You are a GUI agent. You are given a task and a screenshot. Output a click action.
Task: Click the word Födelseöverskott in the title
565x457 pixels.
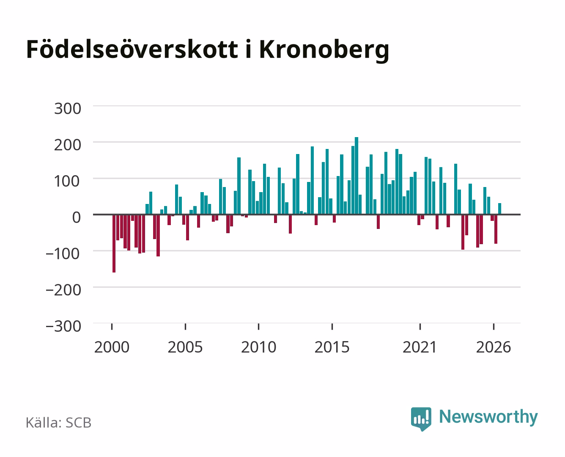(132, 49)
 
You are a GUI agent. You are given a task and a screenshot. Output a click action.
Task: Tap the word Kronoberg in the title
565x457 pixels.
(324, 51)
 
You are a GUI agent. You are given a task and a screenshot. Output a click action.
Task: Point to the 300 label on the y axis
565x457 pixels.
(67, 109)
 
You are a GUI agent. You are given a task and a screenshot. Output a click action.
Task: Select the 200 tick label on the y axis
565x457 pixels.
(67, 145)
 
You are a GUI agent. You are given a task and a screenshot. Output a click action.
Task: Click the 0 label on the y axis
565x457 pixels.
(77, 217)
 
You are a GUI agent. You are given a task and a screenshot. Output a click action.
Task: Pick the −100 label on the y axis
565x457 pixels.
(63, 254)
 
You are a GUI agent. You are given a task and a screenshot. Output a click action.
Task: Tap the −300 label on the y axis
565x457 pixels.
(63, 326)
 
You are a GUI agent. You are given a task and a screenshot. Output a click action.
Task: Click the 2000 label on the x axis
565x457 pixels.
(112, 347)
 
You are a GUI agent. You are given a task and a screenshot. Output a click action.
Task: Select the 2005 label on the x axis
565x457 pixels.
(185, 347)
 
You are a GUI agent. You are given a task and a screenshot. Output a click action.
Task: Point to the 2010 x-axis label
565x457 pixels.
(259, 347)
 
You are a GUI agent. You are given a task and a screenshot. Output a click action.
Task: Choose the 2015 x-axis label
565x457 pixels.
(332, 347)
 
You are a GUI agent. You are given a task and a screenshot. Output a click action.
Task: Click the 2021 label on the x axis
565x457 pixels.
(420, 347)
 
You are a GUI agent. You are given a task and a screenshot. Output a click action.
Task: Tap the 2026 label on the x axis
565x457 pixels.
(494, 347)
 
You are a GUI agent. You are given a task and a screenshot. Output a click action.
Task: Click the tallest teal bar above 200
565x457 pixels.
(357, 176)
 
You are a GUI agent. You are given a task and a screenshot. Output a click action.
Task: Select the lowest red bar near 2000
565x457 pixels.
(114, 243)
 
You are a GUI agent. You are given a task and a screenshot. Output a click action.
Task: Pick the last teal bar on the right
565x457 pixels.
(500, 209)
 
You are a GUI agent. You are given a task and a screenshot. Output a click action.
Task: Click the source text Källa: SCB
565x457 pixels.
(58, 423)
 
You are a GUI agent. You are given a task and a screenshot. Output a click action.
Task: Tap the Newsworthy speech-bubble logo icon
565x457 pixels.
(421, 419)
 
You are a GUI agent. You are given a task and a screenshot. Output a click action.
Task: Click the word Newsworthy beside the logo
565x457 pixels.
(488, 417)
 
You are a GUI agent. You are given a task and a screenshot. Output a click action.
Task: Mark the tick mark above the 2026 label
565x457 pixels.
(494, 327)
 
